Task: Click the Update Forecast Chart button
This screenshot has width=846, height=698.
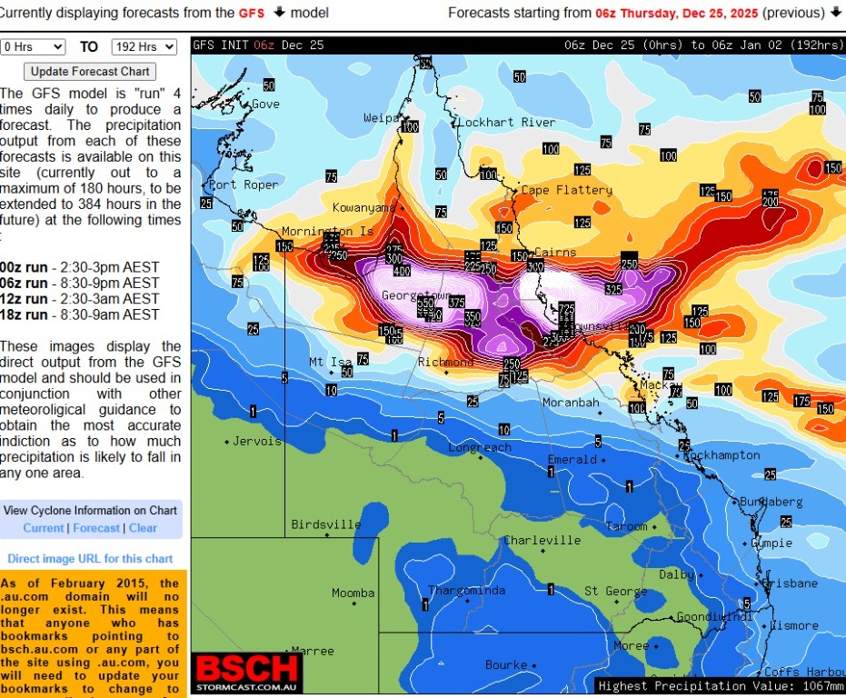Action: point(90,71)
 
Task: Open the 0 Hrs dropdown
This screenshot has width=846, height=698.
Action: point(34,46)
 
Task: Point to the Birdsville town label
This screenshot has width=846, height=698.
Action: point(326,524)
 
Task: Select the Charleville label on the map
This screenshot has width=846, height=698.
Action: point(542,540)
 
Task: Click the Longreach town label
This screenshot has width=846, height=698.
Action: point(480,448)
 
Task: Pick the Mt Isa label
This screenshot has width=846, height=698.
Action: point(330,362)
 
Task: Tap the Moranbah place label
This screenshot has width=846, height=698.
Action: point(571,402)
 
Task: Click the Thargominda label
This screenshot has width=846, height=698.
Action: point(466,591)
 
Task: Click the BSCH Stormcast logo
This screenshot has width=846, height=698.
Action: point(247,673)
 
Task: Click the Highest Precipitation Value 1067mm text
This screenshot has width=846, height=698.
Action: point(720,686)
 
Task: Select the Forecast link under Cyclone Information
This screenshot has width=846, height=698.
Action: point(96,528)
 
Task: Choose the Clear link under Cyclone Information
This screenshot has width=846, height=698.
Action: point(143,528)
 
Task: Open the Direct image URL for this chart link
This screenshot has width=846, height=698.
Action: point(90,559)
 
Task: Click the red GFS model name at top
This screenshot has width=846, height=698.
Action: point(252,13)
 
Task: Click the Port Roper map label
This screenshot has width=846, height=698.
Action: point(244,184)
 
